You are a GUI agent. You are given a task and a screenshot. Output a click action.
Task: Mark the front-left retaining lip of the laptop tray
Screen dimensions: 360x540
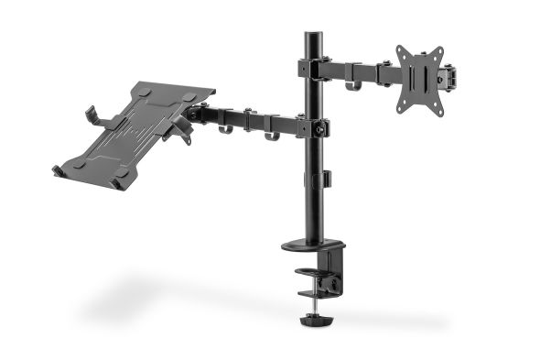tap(57, 170)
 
